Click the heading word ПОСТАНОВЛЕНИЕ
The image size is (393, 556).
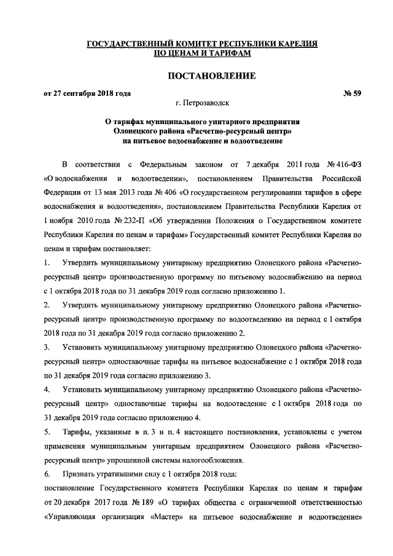pyautogui.click(x=202, y=76)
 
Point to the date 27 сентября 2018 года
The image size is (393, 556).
pyautogui.click(x=93, y=93)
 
